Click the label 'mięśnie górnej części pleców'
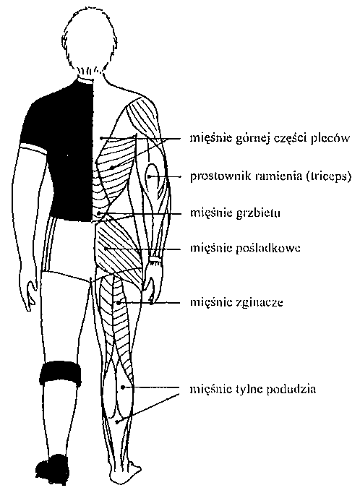click(x=270, y=139)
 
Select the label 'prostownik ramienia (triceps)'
click(x=270, y=176)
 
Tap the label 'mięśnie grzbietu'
click(x=235, y=213)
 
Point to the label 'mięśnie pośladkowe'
click(x=245, y=249)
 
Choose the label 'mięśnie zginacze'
click(x=236, y=303)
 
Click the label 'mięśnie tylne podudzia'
click(x=253, y=389)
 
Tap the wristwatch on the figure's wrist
click(x=155, y=260)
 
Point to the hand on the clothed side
click(x=33, y=296)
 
